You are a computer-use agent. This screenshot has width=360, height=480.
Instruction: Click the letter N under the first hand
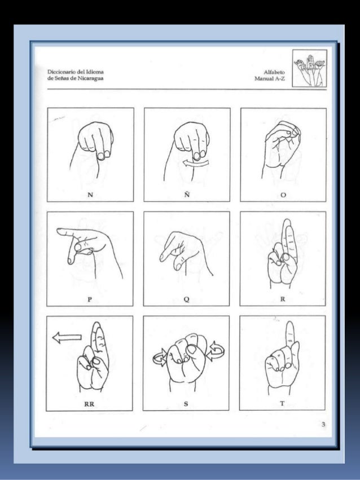pos(90,195)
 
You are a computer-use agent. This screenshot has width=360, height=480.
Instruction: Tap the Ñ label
pos(187,194)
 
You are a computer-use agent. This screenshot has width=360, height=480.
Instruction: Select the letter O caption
pos(283,195)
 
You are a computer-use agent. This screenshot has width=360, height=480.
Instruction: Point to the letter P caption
pos(90,299)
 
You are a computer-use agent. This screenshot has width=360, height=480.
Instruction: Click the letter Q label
pos(186,299)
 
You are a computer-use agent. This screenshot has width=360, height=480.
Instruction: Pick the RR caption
pos(89,404)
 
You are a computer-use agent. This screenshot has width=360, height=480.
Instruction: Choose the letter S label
pos(186,404)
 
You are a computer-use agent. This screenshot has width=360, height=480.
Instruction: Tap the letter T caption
pos(282,403)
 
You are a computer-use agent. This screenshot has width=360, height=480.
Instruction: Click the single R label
pos(283,299)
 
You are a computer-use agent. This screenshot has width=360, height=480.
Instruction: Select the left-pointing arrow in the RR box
pos(67,338)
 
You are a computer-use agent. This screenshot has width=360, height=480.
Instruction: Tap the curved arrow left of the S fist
pos(159,358)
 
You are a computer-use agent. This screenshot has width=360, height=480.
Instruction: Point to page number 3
pos(323,424)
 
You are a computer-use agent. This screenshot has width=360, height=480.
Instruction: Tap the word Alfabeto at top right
pos(274,72)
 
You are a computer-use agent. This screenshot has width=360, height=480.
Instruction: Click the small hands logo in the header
pos(309,68)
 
